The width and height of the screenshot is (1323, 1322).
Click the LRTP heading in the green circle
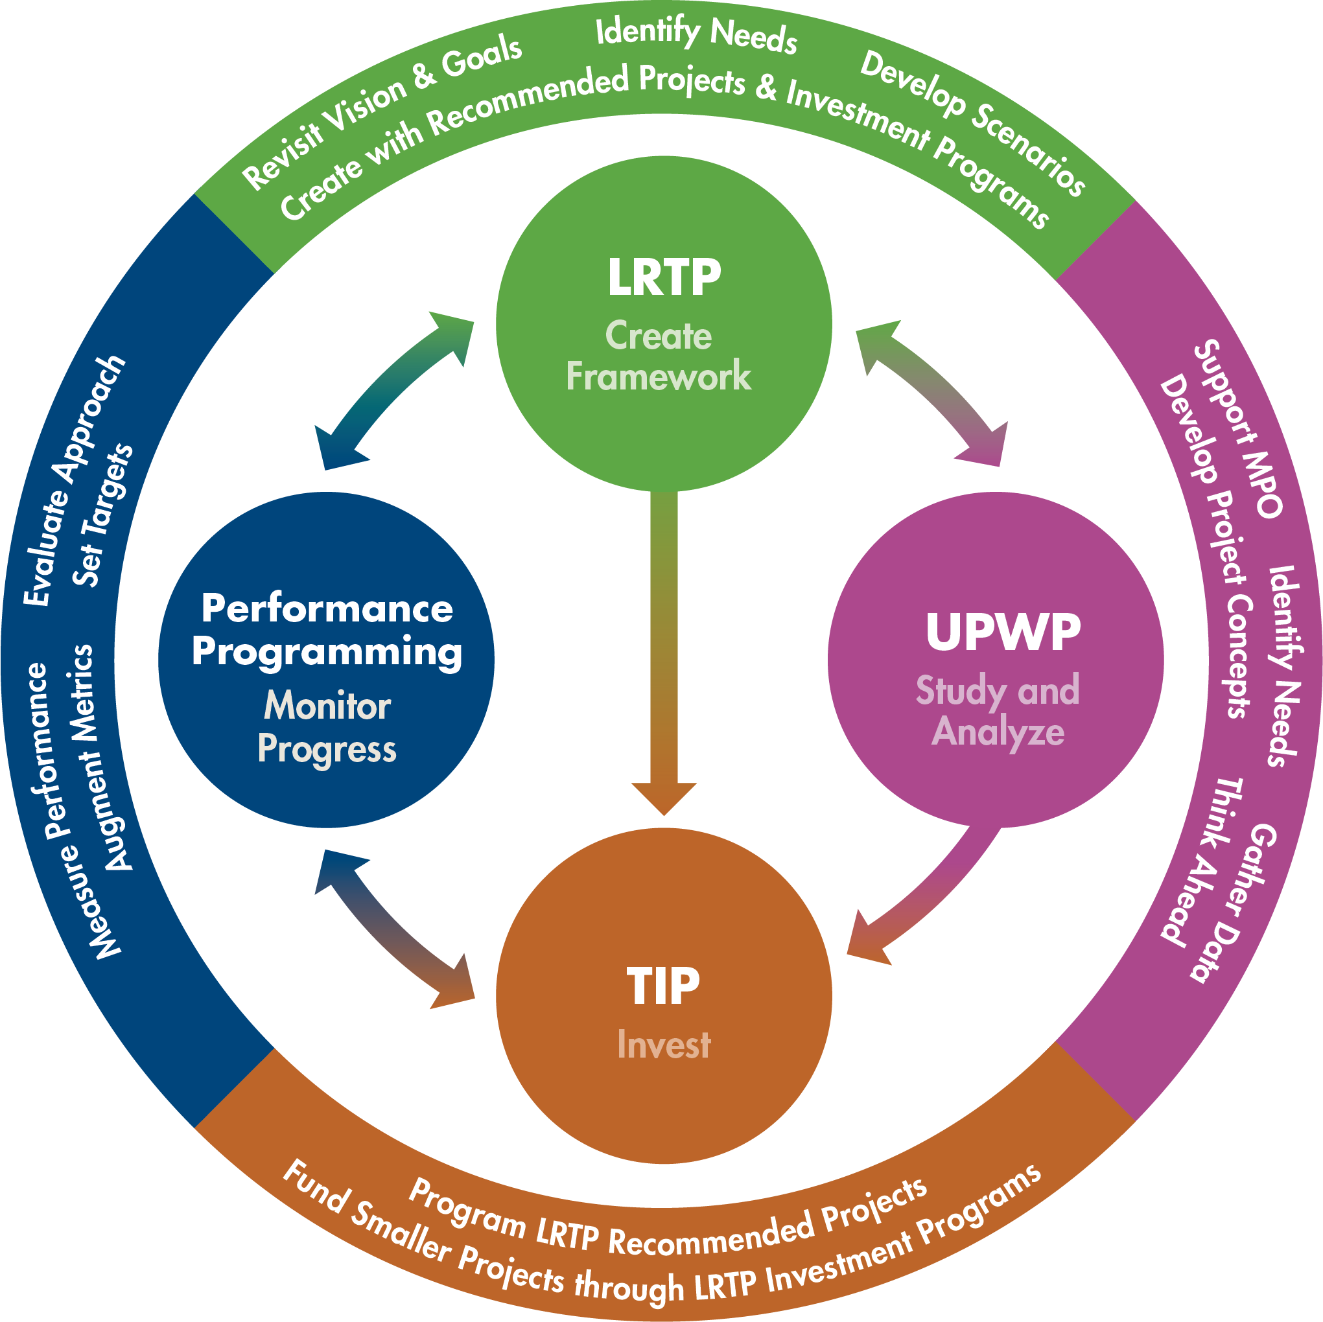(664, 278)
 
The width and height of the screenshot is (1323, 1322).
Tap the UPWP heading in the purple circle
(1003, 631)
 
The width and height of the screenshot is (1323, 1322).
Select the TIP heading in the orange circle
(663, 986)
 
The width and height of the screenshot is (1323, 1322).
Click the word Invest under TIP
(663, 1045)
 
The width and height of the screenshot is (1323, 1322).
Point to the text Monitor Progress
(327, 727)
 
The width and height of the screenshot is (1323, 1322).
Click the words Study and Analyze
(998, 711)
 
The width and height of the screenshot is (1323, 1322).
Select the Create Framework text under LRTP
(658, 356)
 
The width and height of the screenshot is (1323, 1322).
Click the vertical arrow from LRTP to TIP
(663, 651)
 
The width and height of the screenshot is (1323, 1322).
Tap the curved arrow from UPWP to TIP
(931, 897)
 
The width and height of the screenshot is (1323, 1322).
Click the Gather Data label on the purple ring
(1233, 904)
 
